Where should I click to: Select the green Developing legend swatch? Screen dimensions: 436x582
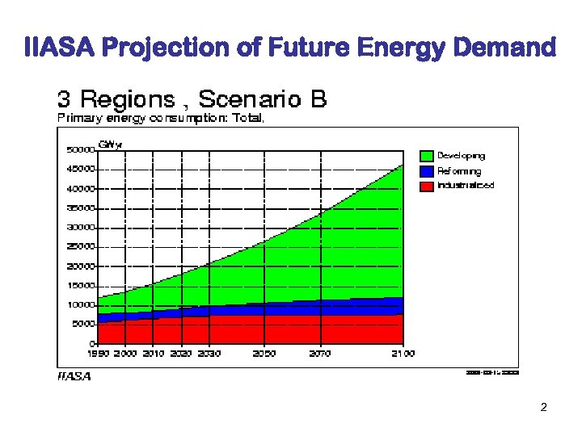[x=427, y=156]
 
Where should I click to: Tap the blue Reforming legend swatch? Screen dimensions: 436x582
[x=427, y=171]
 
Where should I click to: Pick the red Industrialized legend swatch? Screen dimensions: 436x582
[x=427, y=186]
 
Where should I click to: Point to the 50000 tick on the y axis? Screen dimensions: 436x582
[x=80, y=149]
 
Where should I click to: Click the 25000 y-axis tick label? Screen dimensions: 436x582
[x=80, y=246]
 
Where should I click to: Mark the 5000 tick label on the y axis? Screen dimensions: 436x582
[x=82, y=324]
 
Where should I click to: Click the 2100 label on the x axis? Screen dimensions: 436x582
[x=403, y=354]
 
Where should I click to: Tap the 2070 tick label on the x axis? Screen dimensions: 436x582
[x=320, y=354]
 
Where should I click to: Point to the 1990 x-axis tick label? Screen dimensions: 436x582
[x=98, y=354]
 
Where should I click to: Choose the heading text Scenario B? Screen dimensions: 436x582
[x=263, y=99]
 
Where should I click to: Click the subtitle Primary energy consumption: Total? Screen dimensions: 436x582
[x=160, y=118]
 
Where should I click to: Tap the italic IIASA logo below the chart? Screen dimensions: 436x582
[x=74, y=376]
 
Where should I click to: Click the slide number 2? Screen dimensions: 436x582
[x=543, y=407]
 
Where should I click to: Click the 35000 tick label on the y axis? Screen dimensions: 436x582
[x=80, y=208]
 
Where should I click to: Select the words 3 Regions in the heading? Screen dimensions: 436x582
[x=116, y=99]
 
